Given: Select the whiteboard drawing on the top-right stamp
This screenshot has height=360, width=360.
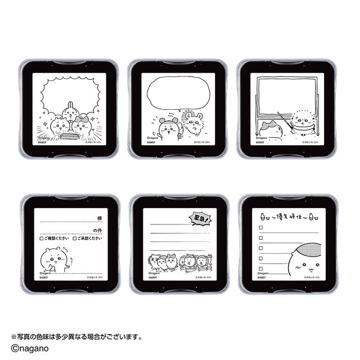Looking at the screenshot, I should (283, 97).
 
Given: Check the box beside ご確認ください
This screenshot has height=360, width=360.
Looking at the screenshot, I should (42, 238).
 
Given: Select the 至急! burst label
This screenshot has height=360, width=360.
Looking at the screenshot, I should (198, 216).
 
